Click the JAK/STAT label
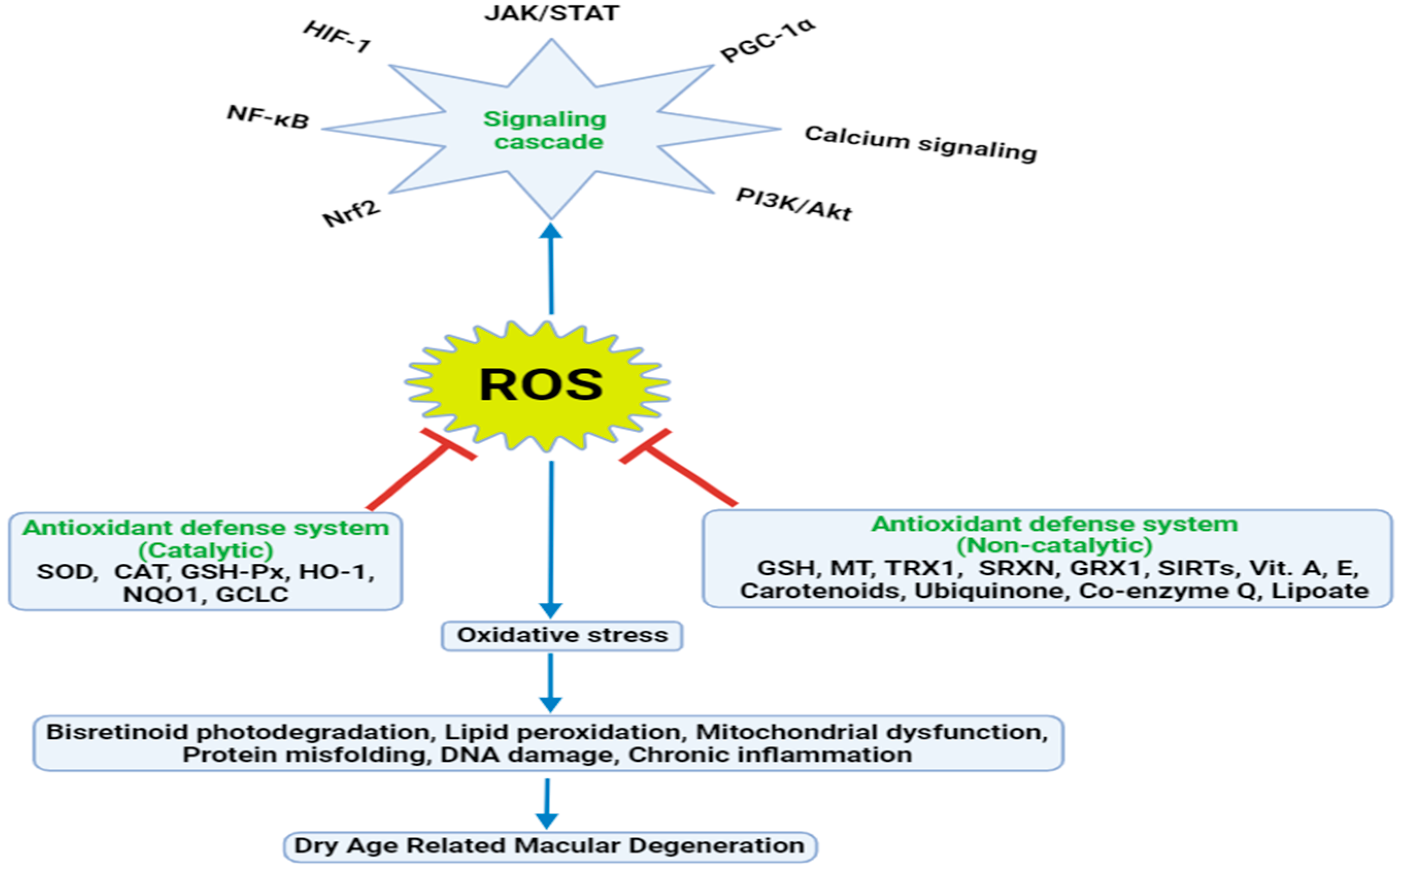(551, 13)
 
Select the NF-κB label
(268, 116)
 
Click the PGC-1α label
(768, 40)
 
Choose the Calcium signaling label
(921, 143)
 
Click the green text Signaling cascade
(546, 130)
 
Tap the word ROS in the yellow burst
(541, 385)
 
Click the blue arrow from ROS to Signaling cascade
(551, 272)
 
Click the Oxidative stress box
(562, 635)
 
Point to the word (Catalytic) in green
(206, 550)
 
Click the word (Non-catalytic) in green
(1054, 545)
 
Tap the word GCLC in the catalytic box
(252, 594)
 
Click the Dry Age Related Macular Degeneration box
(550, 846)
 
